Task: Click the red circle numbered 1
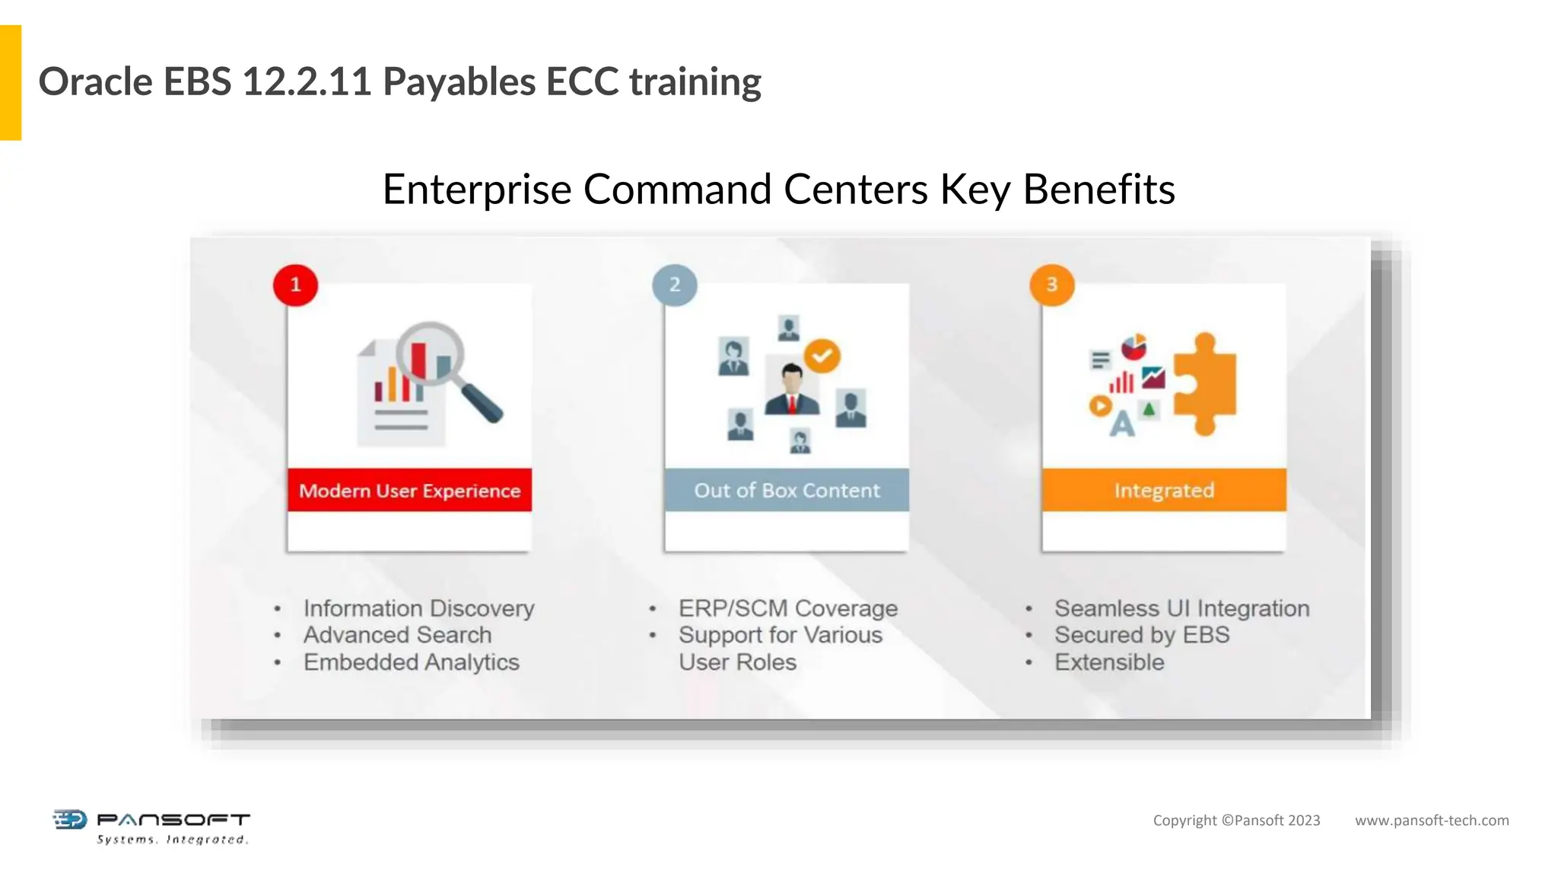[x=295, y=285]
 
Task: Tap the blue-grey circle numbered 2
[x=674, y=285]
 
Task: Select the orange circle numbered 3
[x=1051, y=285]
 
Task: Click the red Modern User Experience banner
[x=409, y=490]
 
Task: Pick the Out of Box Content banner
[x=787, y=490]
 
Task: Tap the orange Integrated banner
[x=1164, y=490]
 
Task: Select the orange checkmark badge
[x=822, y=356]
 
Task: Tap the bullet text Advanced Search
[x=397, y=635]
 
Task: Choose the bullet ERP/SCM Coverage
[x=788, y=608]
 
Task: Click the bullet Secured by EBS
[x=1141, y=635]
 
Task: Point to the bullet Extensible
[x=1108, y=662]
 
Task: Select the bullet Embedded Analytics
[x=411, y=662]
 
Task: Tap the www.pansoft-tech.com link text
[x=1431, y=821]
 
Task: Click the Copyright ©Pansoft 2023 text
[x=1236, y=821]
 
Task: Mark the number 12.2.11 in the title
[x=307, y=82]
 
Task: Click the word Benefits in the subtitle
[x=1099, y=190]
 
